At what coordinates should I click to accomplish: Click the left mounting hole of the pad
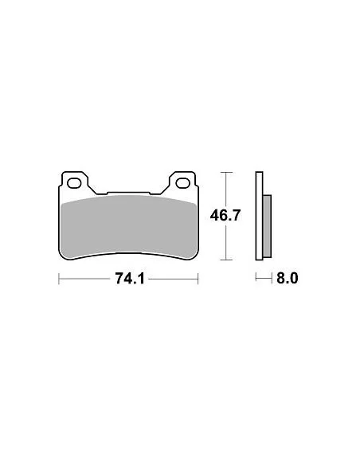[x=74, y=183]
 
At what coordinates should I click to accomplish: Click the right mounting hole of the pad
[x=182, y=183]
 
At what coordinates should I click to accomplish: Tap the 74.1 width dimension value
[x=130, y=279]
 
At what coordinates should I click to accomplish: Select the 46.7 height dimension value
[x=225, y=215]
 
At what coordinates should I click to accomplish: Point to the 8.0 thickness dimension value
[x=287, y=279]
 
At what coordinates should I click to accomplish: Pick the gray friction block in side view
[x=267, y=226]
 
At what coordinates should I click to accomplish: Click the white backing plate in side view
[x=259, y=216]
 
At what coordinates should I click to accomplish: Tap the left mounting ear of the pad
[x=74, y=182]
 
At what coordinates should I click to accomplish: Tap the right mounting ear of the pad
[x=182, y=182]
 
